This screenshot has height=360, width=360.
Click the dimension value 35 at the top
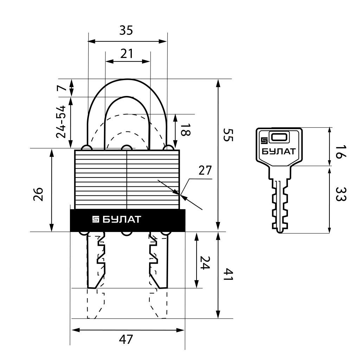click(126, 30)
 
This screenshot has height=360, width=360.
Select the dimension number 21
click(127, 54)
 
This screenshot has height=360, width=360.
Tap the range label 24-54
click(61, 122)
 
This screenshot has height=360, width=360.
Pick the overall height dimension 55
click(228, 135)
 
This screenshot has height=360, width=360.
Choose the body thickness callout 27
click(205, 171)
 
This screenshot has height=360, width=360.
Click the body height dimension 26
click(38, 194)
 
